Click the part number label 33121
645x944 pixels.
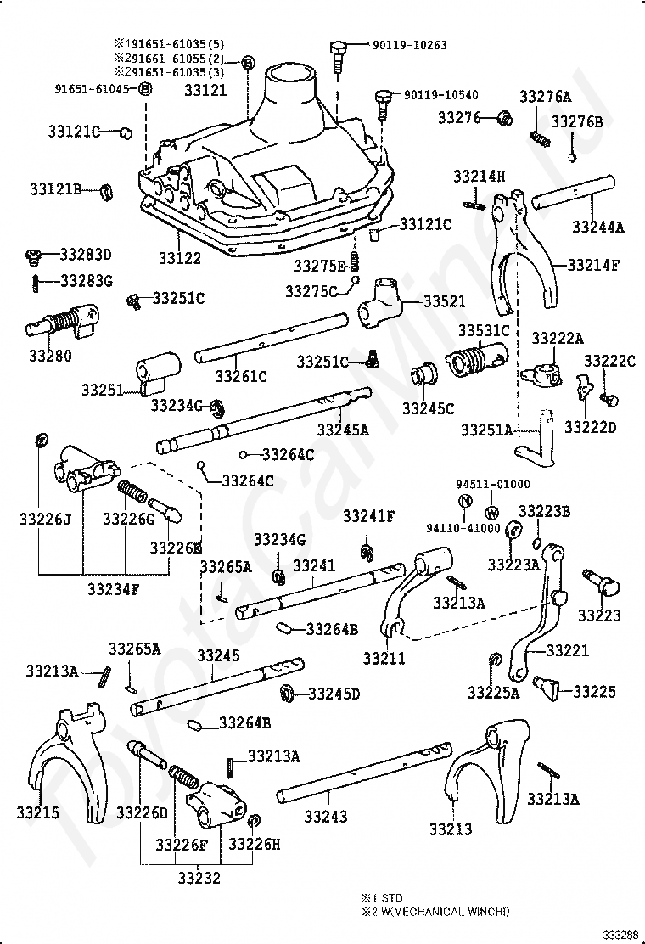(x=205, y=90)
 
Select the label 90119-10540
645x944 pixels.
(x=441, y=94)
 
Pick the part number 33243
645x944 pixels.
(x=326, y=817)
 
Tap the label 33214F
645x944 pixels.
(x=592, y=265)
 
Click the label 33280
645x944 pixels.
(x=50, y=355)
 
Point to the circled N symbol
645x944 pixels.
(x=465, y=500)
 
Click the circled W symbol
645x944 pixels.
(x=491, y=513)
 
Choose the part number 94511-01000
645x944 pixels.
(x=493, y=484)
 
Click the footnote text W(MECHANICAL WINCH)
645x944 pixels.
(x=446, y=912)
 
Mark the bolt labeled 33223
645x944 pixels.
(x=601, y=582)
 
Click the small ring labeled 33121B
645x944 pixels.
(x=106, y=192)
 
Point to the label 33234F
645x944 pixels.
(x=113, y=588)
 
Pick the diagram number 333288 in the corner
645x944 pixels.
(x=621, y=935)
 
